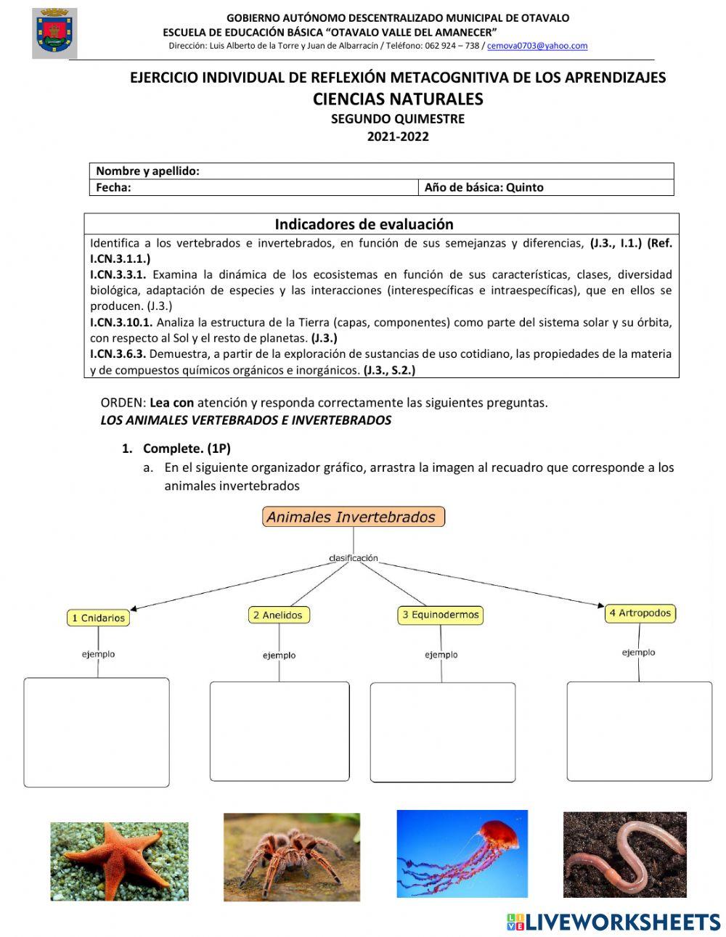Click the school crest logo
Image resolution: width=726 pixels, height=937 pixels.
(x=54, y=33)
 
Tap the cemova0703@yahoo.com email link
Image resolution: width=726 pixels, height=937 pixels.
(x=537, y=46)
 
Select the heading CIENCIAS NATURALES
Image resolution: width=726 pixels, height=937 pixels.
(x=398, y=99)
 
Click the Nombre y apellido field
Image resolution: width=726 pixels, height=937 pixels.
(x=436, y=171)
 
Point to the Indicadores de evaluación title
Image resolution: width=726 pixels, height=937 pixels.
(x=364, y=224)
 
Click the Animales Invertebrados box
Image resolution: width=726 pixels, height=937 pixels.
(x=353, y=517)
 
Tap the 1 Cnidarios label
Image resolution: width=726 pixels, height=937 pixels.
(x=98, y=618)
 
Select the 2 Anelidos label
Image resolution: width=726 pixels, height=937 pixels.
(x=278, y=615)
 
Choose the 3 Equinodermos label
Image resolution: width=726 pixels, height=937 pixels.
(x=441, y=615)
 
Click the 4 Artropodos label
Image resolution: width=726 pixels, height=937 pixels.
(x=640, y=613)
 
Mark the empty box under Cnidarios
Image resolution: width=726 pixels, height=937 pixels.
(x=97, y=732)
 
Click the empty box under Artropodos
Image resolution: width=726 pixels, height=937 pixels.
(x=639, y=731)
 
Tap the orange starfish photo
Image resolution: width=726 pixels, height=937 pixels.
(x=119, y=861)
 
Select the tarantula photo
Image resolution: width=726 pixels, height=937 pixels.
(x=292, y=857)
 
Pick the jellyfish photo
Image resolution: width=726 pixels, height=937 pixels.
(x=462, y=854)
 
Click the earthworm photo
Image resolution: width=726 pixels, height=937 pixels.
(x=624, y=854)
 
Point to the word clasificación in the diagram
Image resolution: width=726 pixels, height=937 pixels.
(x=354, y=558)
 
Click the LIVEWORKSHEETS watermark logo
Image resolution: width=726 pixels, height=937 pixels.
(x=613, y=922)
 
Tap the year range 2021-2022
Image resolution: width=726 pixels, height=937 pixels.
(x=398, y=136)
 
